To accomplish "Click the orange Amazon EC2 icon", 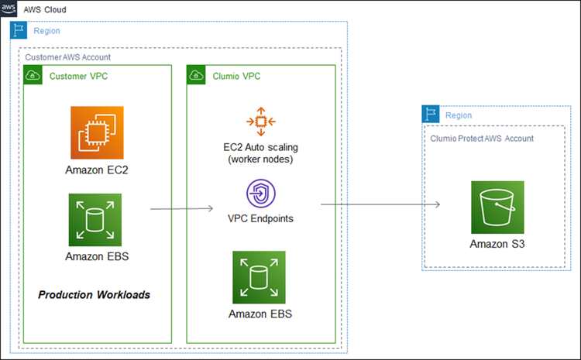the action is pyautogui.click(x=97, y=132).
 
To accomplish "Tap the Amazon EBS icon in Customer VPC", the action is pyautogui.click(x=95, y=220).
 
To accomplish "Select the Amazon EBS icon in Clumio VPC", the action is pyautogui.click(x=259, y=277).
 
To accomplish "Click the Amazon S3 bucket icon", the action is pyautogui.click(x=497, y=207).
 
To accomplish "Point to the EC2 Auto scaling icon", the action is pyautogui.click(x=261, y=122).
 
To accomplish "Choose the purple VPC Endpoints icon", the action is pyautogui.click(x=261, y=194).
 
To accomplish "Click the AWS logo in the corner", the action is pyautogui.click(x=9, y=9).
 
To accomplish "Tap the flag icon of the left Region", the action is pyautogui.click(x=19, y=30).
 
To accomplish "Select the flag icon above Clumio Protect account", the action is pyautogui.click(x=431, y=114).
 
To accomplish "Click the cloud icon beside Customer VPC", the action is pyautogui.click(x=33, y=75).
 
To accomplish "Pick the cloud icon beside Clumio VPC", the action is pyautogui.click(x=196, y=75).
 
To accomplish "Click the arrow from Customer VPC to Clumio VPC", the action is pyautogui.click(x=181, y=209).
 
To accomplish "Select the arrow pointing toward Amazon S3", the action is pyautogui.click(x=380, y=204).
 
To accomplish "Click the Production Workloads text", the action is pyautogui.click(x=94, y=295).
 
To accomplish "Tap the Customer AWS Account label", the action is pyautogui.click(x=68, y=57).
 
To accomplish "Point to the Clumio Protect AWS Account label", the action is pyautogui.click(x=482, y=139).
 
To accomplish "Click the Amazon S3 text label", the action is pyautogui.click(x=497, y=244).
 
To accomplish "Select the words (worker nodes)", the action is pyautogui.click(x=260, y=159).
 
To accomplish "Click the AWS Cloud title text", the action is pyautogui.click(x=45, y=9).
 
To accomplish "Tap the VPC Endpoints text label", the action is pyautogui.click(x=260, y=218).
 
